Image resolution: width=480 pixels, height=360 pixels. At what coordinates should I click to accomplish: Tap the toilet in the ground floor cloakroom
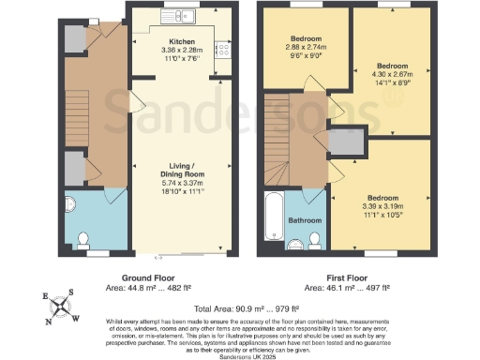pyautogui.click(x=84, y=238)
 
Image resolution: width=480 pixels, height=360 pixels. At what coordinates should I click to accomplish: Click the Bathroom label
pyautogui.click(x=305, y=220)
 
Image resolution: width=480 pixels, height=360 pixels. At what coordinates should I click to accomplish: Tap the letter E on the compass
pyautogui.click(x=44, y=295)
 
